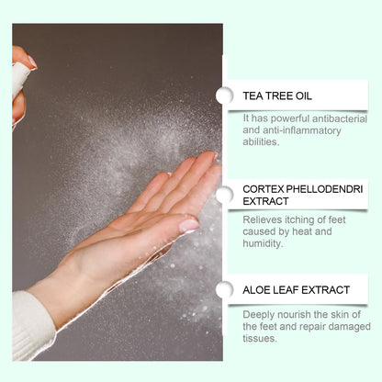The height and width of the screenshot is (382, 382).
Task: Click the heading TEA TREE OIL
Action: click(x=277, y=95)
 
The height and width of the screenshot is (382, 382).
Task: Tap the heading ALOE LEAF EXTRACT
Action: click(x=296, y=289)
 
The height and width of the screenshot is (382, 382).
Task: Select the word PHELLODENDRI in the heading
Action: click(x=324, y=189)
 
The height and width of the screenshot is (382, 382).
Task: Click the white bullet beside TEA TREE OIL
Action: click(x=225, y=95)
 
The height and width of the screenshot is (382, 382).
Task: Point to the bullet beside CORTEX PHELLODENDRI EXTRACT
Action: click(x=225, y=195)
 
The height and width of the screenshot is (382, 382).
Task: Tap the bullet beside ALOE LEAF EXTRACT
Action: click(x=225, y=289)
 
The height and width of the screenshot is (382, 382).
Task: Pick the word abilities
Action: click(x=261, y=141)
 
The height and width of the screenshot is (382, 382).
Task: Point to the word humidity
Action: click(x=263, y=243)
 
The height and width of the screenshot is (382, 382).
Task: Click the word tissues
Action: click(x=260, y=338)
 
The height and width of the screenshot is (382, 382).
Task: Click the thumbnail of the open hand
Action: click(x=188, y=226)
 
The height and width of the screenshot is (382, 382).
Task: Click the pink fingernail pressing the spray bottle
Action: click(x=32, y=62)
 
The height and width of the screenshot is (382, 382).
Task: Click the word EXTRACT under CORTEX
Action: click(x=265, y=201)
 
